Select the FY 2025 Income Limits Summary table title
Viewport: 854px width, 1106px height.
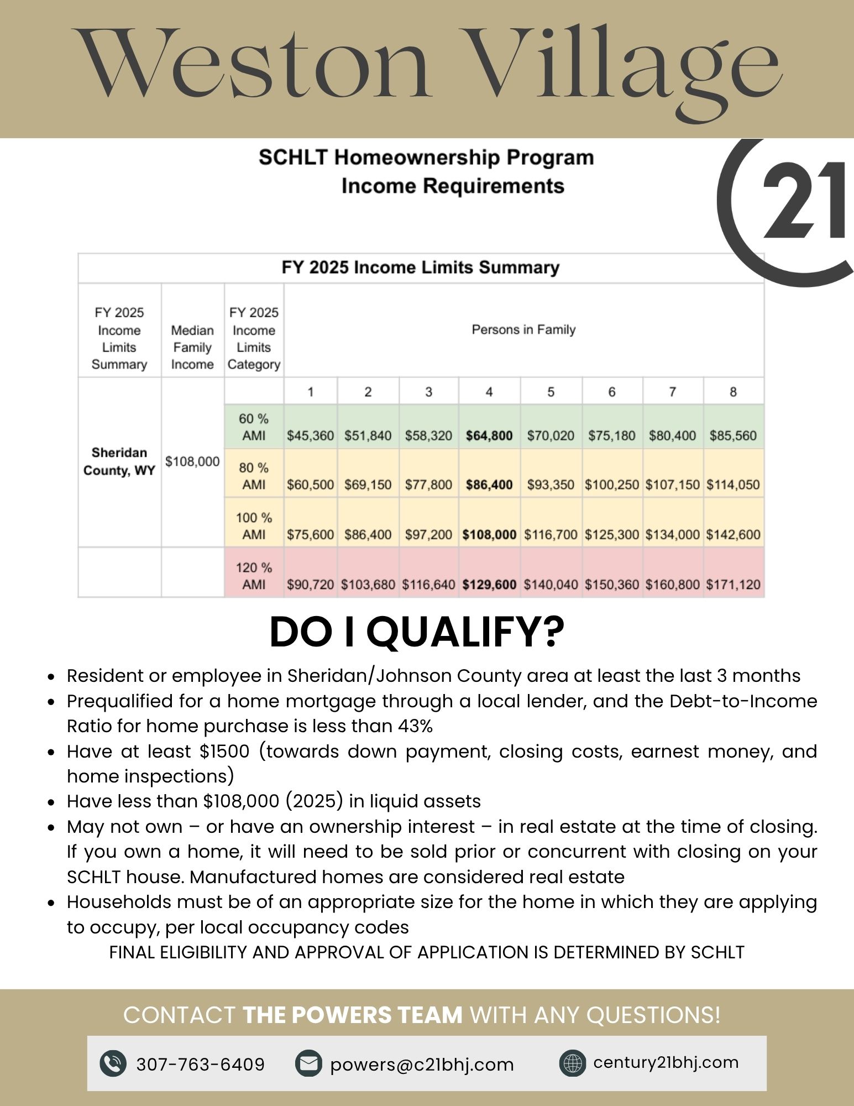tap(420, 268)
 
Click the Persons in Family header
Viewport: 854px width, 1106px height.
tap(523, 330)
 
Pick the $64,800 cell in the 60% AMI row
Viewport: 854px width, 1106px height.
tap(489, 436)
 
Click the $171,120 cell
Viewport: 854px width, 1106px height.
tap(733, 585)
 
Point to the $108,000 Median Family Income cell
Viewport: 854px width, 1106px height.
tap(192, 461)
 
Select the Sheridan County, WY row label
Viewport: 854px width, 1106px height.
tap(119, 461)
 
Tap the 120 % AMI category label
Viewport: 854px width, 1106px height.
tap(254, 576)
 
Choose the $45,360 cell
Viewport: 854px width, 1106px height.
tap(310, 436)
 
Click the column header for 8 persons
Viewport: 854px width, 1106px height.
tap(733, 392)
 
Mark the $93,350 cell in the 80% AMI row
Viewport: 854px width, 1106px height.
tap(550, 485)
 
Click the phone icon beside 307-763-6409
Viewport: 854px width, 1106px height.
tap(113, 1063)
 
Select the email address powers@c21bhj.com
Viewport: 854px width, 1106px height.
tap(422, 1065)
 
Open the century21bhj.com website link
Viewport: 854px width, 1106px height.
tap(666, 1062)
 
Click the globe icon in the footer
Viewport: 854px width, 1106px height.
tap(572, 1063)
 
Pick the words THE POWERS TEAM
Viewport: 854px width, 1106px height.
tap(353, 1015)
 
